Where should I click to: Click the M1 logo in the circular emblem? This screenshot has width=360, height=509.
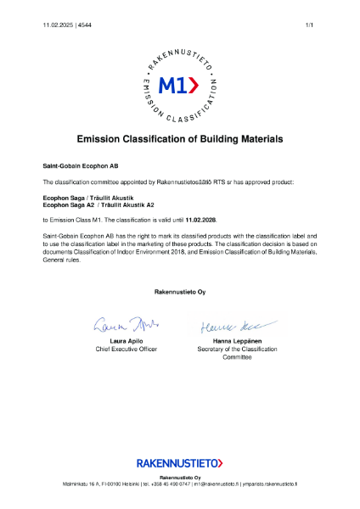179,85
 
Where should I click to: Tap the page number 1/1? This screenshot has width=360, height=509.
310,25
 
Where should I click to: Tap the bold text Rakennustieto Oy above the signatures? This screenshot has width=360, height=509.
179,291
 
